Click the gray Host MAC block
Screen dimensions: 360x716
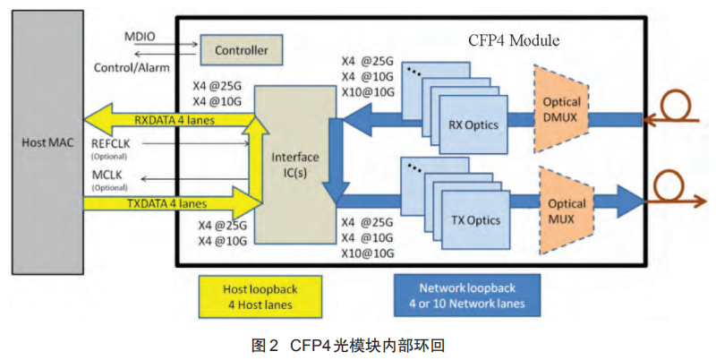click(x=41, y=143)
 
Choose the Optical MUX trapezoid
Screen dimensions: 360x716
click(x=566, y=211)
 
